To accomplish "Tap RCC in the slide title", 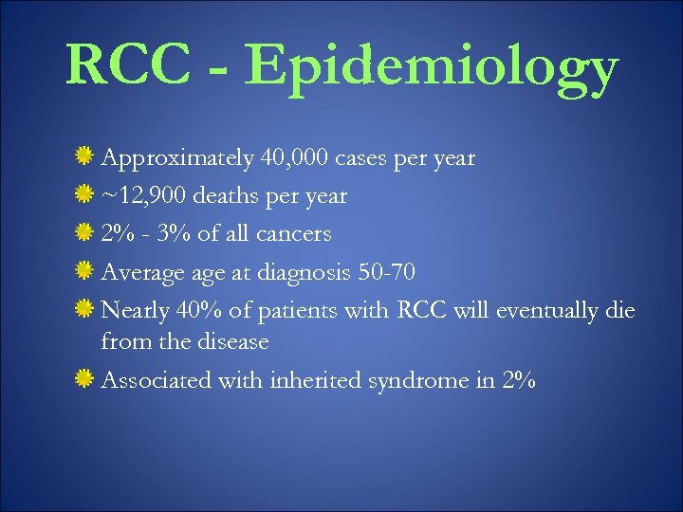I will click(x=127, y=66).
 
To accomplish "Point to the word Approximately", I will click(x=176, y=159).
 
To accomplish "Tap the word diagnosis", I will click(x=308, y=273).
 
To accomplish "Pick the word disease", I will click(x=232, y=341).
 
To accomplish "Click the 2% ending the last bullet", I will click(x=520, y=380).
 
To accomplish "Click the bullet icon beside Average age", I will click(x=85, y=271).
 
